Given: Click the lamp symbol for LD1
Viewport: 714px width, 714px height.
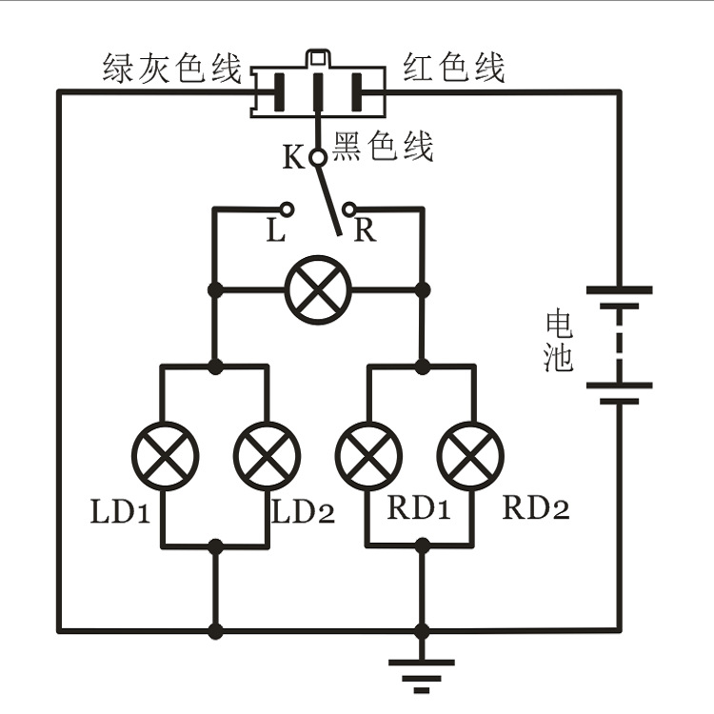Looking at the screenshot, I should click(x=164, y=453).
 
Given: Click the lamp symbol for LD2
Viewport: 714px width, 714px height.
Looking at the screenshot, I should click(x=268, y=453).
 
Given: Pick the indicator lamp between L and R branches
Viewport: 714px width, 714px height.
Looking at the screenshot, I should click(x=319, y=289).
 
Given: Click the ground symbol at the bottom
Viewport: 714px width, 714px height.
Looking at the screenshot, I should click(x=422, y=669).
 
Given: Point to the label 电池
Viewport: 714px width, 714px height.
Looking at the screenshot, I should click(x=559, y=341).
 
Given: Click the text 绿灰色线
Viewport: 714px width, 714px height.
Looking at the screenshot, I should click(x=173, y=69).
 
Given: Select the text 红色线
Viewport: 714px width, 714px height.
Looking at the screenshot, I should click(x=453, y=69).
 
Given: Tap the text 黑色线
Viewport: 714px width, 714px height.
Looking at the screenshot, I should click(x=383, y=147).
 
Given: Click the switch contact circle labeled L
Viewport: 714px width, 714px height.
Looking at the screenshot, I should click(x=287, y=208).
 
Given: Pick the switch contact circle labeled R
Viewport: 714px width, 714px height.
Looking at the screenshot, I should click(x=349, y=208).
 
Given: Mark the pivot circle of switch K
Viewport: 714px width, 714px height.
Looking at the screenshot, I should click(x=318, y=156).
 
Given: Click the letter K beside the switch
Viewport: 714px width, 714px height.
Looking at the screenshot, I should click(x=293, y=157).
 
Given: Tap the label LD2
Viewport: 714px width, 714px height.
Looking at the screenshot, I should click(x=304, y=512).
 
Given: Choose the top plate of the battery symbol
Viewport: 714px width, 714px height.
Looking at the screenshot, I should click(x=618, y=289).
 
